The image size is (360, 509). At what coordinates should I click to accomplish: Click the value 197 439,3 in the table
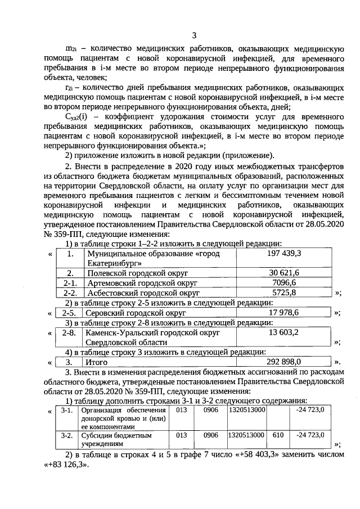coord(285,254)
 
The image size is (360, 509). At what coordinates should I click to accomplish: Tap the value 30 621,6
coord(284,273)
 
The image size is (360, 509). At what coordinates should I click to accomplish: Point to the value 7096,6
coord(284,283)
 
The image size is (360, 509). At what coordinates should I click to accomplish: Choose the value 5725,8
coord(284,293)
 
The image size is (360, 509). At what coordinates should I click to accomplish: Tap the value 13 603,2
coord(284,332)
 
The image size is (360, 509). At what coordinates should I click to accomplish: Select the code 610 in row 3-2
coord(277,435)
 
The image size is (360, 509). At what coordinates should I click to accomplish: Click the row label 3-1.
coord(67,411)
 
